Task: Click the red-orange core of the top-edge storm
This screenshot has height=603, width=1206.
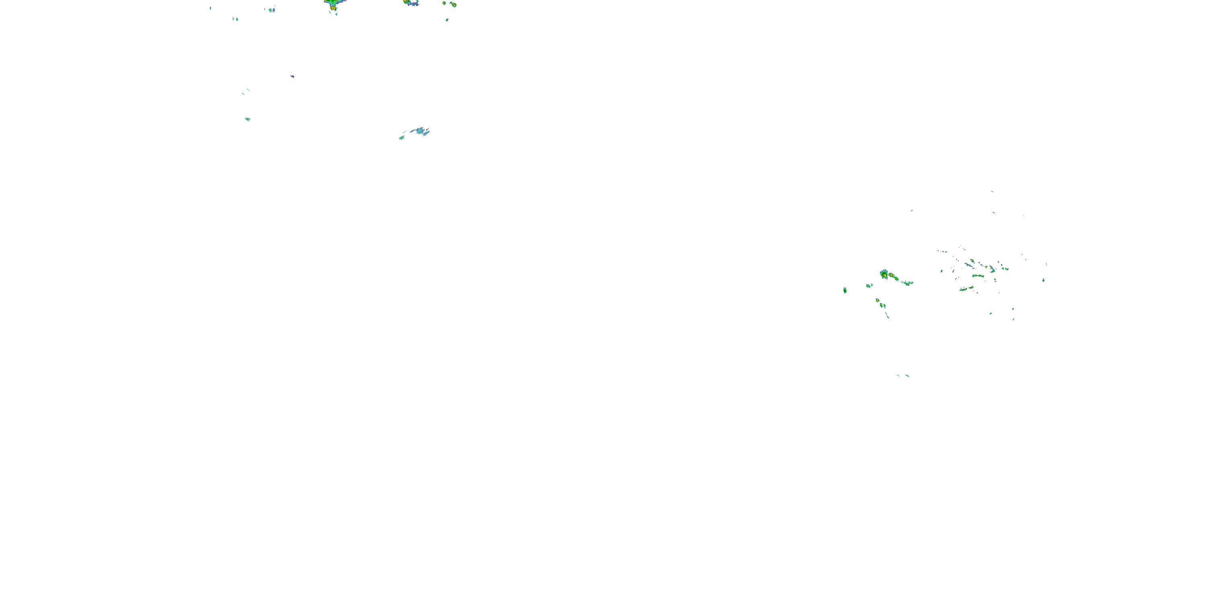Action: click(x=333, y=8)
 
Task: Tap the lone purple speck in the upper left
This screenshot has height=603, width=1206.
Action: click(x=292, y=76)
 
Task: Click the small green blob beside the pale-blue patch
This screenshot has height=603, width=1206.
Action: click(x=401, y=137)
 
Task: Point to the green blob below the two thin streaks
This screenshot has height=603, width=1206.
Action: click(x=247, y=119)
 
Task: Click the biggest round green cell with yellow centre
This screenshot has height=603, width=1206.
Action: click(x=884, y=274)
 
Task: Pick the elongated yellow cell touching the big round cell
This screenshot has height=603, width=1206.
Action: click(x=894, y=278)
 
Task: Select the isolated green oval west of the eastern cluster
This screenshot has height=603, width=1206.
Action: click(x=845, y=290)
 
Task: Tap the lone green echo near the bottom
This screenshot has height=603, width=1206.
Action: click(x=907, y=375)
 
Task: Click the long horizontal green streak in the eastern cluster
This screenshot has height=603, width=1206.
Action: click(x=978, y=276)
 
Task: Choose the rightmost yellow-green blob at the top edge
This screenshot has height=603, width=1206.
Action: click(x=453, y=5)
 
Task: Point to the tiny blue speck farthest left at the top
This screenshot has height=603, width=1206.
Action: click(x=210, y=8)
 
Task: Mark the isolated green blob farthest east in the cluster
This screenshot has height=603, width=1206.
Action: click(x=1043, y=280)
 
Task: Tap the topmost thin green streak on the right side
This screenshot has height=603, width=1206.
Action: click(x=992, y=191)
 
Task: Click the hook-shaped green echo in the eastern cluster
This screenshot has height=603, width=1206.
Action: click(x=992, y=270)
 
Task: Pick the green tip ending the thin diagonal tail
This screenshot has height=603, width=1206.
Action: click(x=888, y=317)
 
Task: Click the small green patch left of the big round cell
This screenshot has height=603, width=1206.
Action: click(x=868, y=285)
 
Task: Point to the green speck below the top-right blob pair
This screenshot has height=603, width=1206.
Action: click(x=447, y=20)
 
